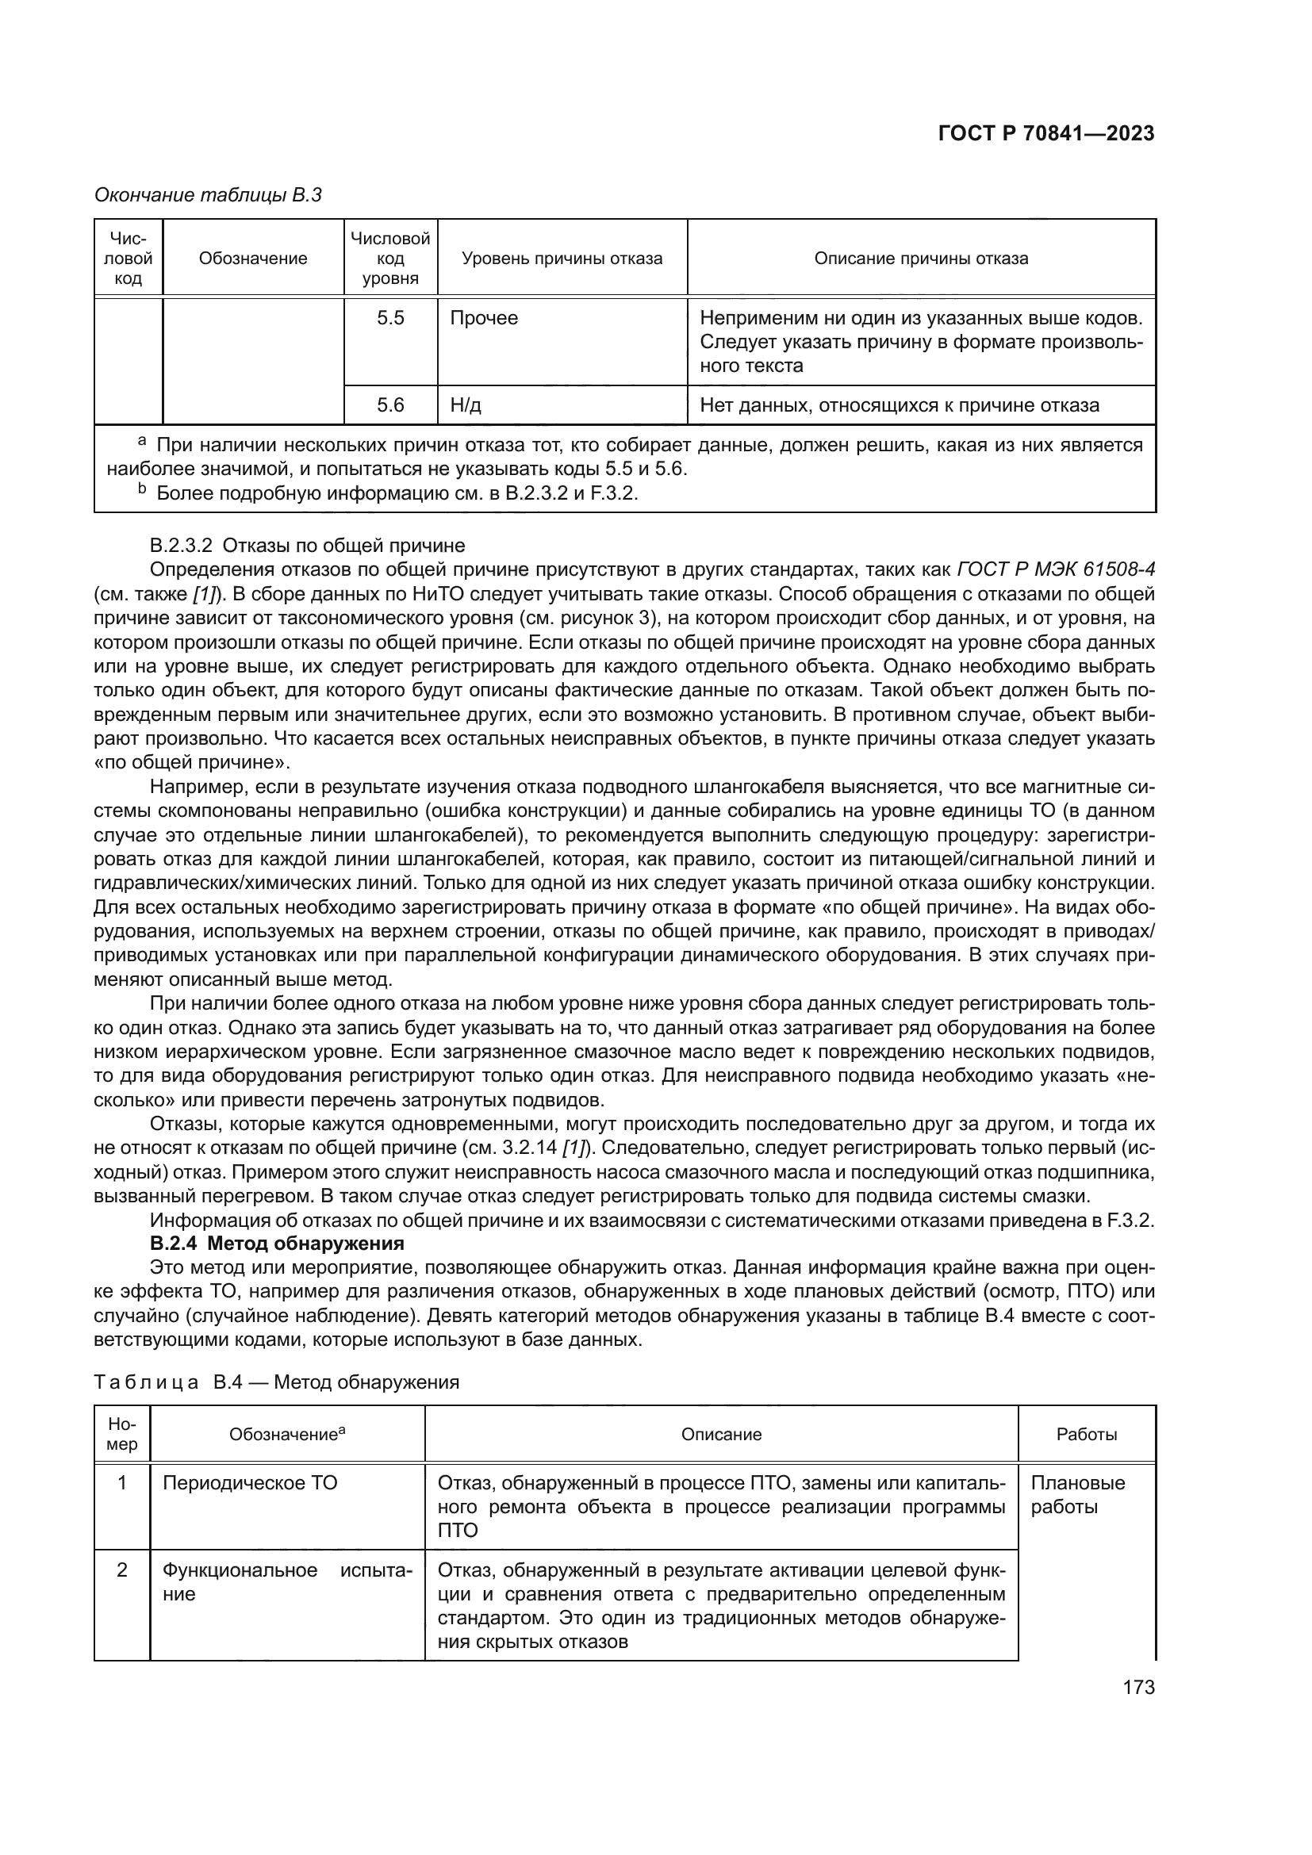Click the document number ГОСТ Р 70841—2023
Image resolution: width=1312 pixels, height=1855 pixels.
[x=1045, y=133]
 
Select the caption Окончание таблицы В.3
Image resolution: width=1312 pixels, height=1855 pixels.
[x=208, y=195]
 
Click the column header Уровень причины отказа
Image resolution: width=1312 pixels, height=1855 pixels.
[x=562, y=259]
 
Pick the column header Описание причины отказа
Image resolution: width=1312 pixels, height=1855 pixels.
[x=920, y=259]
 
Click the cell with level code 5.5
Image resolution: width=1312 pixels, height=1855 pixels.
[x=390, y=318]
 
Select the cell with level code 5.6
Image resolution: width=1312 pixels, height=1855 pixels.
[x=390, y=404]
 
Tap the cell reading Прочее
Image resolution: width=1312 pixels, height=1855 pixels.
[x=483, y=318]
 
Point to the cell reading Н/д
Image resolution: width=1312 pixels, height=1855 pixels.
[x=466, y=404]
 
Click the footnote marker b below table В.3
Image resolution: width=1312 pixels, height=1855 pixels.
[x=142, y=490]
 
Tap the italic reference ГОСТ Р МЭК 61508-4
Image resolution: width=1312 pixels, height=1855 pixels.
[x=1055, y=569]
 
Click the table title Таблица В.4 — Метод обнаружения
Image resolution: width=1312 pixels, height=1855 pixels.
[x=276, y=1382]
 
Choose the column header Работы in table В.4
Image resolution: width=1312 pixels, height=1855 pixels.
[x=1086, y=1435]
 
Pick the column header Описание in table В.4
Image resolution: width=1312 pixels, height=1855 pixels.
[x=720, y=1435]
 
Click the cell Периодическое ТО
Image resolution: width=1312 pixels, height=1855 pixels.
[x=250, y=1483]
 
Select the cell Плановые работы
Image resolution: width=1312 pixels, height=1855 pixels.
[x=1077, y=1495]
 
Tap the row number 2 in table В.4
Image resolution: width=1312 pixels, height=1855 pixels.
[x=122, y=1569]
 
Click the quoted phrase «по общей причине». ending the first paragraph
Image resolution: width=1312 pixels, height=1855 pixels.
[x=191, y=763]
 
